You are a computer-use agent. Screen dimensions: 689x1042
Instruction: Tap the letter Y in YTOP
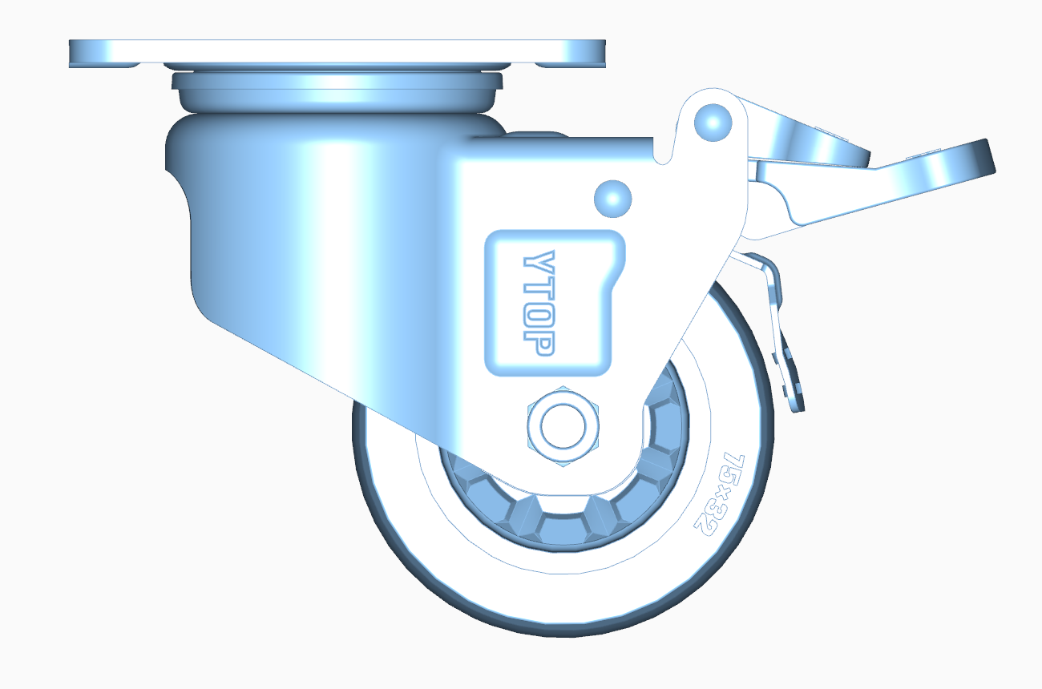539,263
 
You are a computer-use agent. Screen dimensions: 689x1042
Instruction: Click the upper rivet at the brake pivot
713,121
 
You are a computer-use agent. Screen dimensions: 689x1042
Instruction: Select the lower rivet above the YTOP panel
613,197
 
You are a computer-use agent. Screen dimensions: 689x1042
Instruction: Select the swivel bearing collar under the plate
337,90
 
